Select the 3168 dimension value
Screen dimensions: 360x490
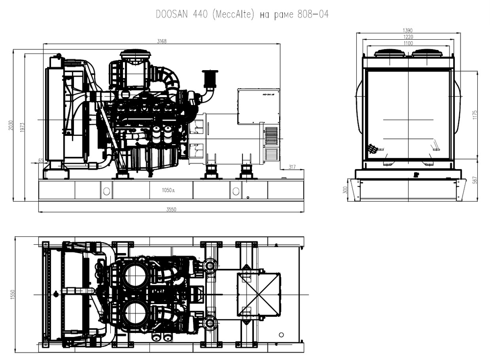[x=162, y=42]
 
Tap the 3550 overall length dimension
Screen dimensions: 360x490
[x=171, y=209]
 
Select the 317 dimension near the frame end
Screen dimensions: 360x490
[x=293, y=167]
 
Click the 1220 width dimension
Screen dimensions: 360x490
[x=408, y=37]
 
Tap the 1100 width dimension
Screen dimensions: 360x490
[x=408, y=43]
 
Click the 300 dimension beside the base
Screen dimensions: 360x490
[x=345, y=190]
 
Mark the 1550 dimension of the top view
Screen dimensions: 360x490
[x=13, y=294]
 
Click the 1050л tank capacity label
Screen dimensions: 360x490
[x=169, y=190]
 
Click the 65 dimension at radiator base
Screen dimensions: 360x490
[x=40, y=160]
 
